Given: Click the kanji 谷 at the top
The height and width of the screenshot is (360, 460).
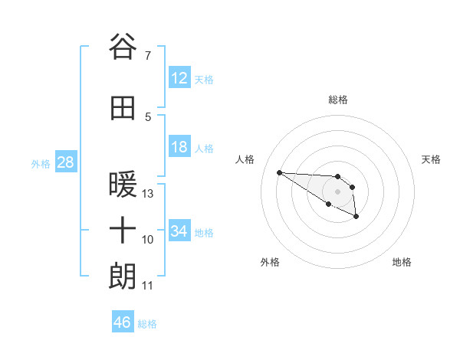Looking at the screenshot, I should click(x=123, y=47).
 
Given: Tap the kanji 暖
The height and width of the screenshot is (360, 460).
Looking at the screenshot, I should click(x=123, y=185).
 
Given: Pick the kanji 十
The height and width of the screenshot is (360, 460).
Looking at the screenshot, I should click(x=123, y=230).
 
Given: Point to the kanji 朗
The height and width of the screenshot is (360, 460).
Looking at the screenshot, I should click(x=123, y=276).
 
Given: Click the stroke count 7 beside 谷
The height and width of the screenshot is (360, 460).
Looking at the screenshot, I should click(x=148, y=56).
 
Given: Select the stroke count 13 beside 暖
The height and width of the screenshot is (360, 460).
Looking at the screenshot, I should click(x=148, y=194).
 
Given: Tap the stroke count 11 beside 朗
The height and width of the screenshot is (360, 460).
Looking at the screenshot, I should click(x=148, y=286).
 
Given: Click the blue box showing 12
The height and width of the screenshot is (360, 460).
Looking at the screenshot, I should click(x=179, y=78).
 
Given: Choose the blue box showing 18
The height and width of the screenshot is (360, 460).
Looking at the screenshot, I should click(x=179, y=147).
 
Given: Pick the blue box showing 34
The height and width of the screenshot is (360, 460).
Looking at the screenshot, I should click(x=179, y=231).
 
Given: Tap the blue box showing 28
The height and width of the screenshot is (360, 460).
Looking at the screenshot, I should click(x=65, y=162).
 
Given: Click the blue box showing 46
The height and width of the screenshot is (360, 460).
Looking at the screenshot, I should click(x=123, y=322).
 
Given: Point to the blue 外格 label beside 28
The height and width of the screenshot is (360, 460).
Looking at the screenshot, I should click(x=41, y=163).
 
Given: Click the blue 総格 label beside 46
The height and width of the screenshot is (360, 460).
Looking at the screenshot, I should click(x=147, y=324).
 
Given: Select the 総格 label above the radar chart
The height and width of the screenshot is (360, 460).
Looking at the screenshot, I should click(x=338, y=100).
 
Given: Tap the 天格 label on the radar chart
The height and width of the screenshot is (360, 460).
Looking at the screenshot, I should click(x=431, y=159).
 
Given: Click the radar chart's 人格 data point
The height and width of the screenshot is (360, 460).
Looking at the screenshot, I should click(x=280, y=172).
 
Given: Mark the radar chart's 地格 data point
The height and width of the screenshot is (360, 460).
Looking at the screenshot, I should click(x=356, y=218).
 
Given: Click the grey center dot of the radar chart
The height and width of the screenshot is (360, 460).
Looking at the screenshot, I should click(x=338, y=191).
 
